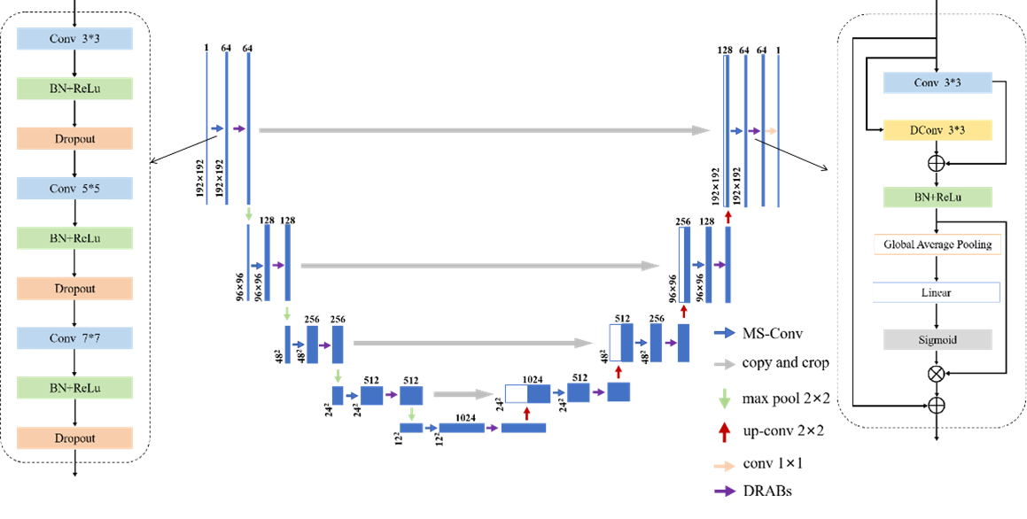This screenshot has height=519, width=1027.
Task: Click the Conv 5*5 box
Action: [x=74, y=189]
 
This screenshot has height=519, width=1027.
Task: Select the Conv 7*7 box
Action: [x=74, y=338]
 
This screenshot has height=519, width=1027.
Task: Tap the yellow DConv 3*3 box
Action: [x=938, y=130]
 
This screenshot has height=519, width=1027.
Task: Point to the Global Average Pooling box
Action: [x=937, y=244]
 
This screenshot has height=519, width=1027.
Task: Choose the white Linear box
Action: [x=936, y=292]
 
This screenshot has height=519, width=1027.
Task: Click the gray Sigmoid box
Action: [x=938, y=339]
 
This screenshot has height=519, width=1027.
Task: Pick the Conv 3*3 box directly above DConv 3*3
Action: [x=938, y=83]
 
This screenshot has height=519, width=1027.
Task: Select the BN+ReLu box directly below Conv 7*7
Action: [x=74, y=388]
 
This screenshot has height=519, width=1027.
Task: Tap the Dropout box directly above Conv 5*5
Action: [x=74, y=138]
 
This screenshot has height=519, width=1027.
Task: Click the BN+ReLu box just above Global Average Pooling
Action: [x=938, y=197]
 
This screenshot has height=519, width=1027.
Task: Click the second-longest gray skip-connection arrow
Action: [x=479, y=266]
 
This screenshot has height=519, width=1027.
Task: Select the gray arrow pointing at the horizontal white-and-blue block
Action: [x=463, y=394]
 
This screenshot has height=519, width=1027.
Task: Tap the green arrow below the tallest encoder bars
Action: [x=249, y=214]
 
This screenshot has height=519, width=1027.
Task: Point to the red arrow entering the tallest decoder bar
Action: [x=728, y=217]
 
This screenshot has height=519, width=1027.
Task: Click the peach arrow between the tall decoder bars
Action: [x=771, y=131]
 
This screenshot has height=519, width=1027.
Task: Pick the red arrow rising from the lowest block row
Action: [x=527, y=414]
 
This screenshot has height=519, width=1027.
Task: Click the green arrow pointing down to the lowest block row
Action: [x=411, y=414]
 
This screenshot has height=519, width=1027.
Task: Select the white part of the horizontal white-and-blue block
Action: [x=517, y=394]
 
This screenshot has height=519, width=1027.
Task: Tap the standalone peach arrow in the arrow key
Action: [x=725, y=466]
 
